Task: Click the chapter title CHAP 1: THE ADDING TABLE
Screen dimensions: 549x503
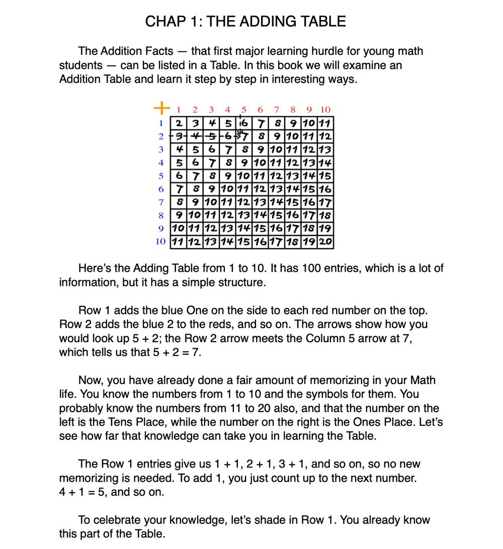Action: point(245,22)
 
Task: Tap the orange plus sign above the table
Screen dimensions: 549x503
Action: point(160,107)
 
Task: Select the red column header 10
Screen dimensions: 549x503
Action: point(325,110)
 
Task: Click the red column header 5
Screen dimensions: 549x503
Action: point(244,110)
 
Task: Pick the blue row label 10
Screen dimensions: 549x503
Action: point(160,242)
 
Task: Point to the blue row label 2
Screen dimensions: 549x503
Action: point(161,136)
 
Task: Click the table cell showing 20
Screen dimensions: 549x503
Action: point(325,241)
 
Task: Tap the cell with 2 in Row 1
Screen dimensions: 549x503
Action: point(179,123)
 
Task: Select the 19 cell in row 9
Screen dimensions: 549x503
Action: point(325,228)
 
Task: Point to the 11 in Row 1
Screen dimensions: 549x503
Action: point(325,123)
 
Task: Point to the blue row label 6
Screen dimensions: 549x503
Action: point(161,189)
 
